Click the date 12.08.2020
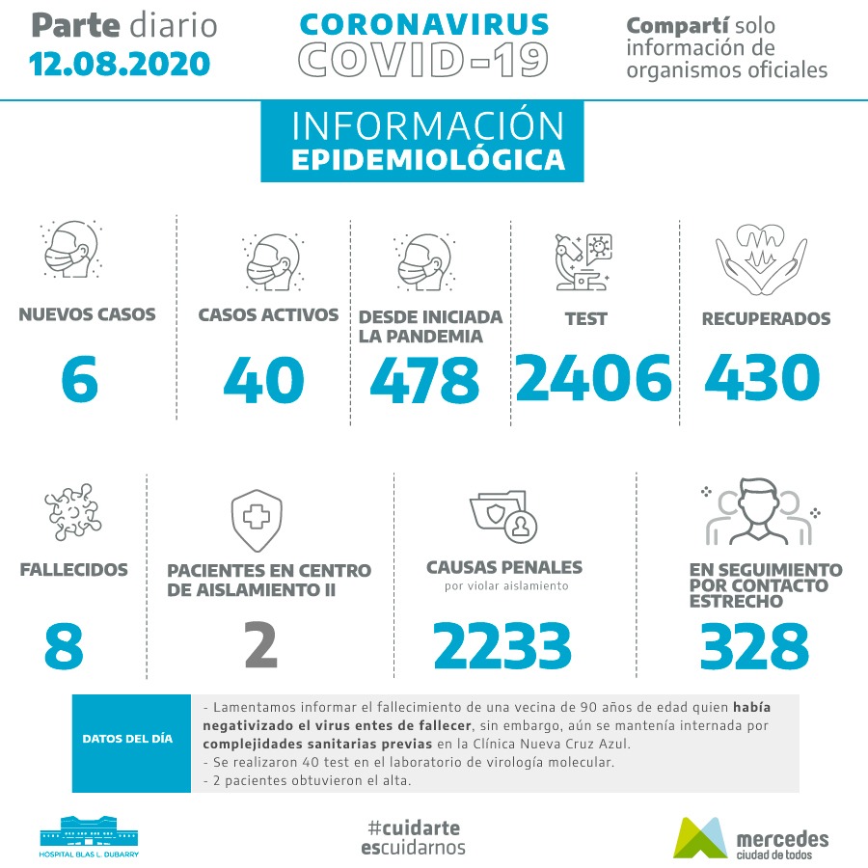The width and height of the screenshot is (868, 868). click(120, 64)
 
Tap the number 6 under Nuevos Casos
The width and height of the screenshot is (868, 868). click(79, 379)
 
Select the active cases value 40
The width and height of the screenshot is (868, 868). click(263, 379)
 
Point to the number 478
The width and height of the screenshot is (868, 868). click(424, 379)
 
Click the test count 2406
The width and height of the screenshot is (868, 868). click(593, 377)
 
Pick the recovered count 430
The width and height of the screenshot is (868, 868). click(762, 377)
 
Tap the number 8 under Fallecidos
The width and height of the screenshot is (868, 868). click(64, 645)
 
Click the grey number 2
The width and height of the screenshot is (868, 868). click(260, 645)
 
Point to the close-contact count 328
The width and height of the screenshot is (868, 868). click(754, 645)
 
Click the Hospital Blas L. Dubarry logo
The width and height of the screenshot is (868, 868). click(89, 836)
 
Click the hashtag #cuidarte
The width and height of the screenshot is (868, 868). click(414, 827)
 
